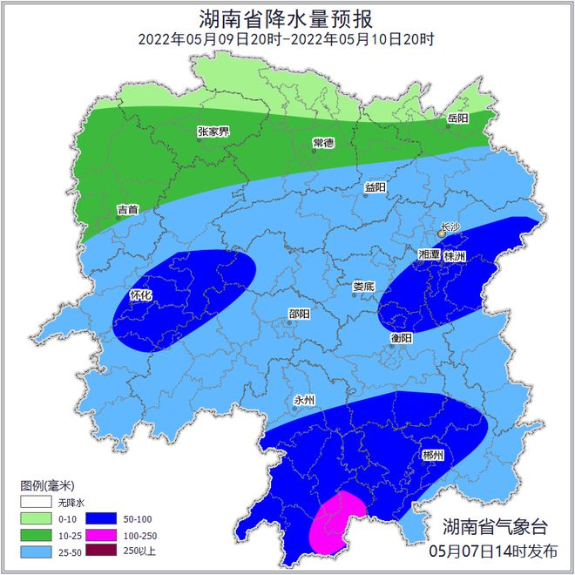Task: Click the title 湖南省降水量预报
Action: [287, 17]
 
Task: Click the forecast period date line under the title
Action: [287, 39]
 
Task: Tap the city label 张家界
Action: [213, 132]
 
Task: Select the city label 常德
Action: [323, 143]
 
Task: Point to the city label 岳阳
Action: [457, 118]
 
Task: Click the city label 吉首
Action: [127, 209]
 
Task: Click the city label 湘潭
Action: [429, 254]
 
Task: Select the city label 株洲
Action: [455, 256]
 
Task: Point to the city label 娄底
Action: [363, 286]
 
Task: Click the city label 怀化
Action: [141, 295]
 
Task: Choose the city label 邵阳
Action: [299, 315]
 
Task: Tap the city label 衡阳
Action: [401, 338]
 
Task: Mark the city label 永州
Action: [304, 401]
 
